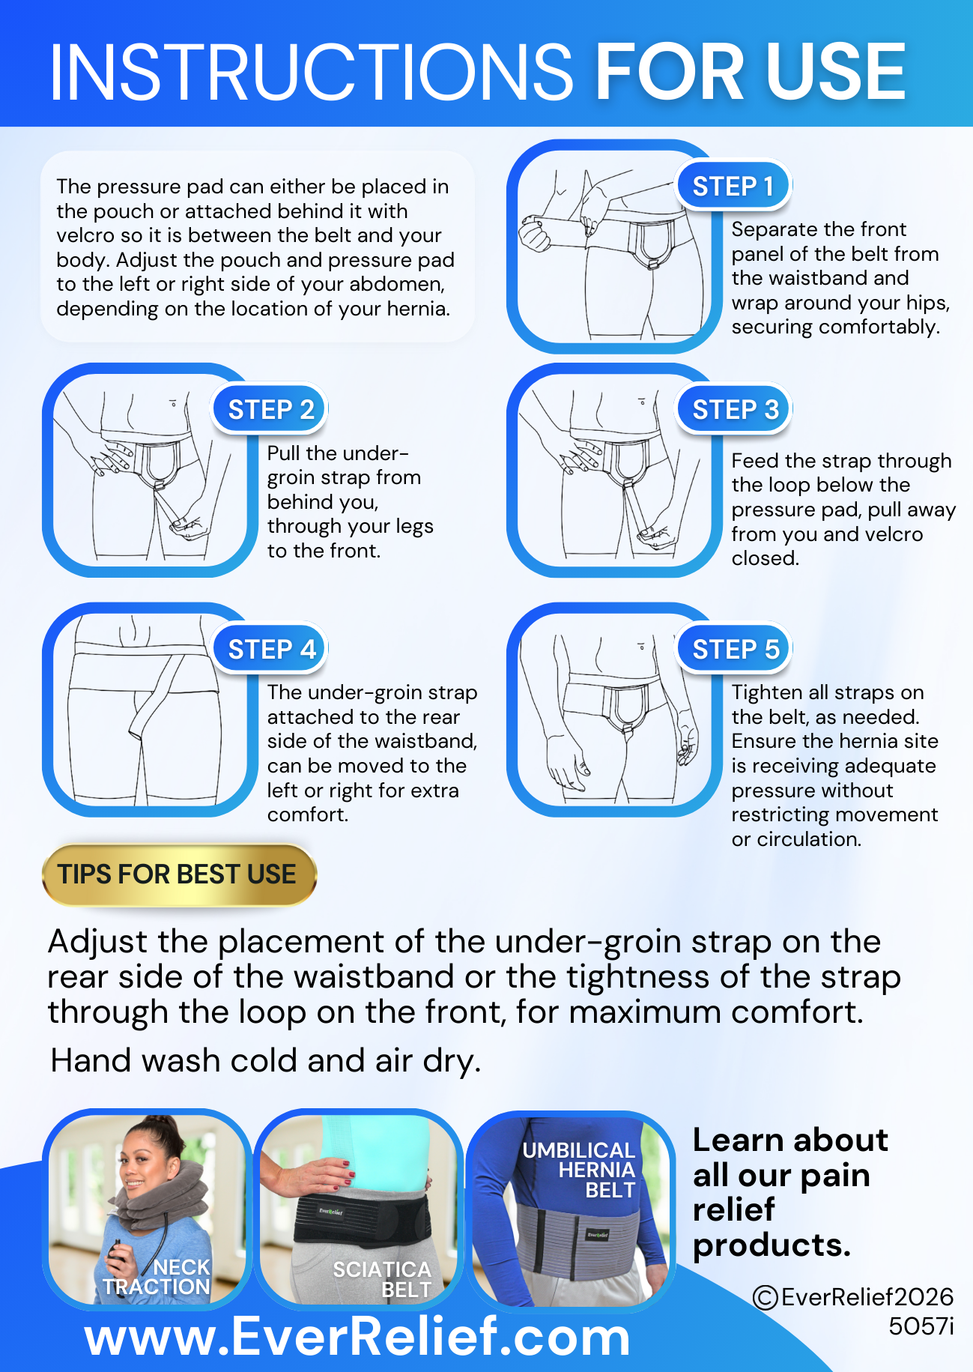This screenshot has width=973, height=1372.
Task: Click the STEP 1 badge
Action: pyautogui.click(x=733, y=186)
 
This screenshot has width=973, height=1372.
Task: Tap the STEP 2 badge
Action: pyautogui.click(x=270, y=410)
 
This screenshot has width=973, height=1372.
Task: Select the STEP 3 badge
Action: pyautogui.click(x=734, y=410)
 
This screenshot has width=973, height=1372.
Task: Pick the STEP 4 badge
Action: pyautogui.click(x=270, y=649)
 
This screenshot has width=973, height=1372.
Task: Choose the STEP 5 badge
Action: pyautogui.click(x=734, y=649)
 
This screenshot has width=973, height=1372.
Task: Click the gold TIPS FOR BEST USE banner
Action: pyautogui.click(x=179, y=874)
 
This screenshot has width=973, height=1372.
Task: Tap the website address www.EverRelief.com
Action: pyautogui.click(x=357, y=1338)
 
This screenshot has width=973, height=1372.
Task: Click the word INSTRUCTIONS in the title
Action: pyautogui.click(x=311, y=72)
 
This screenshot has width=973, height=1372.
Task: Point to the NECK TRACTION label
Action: pyautogui.click(x=157, y=1277)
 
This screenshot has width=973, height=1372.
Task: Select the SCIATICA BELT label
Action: pyautogui.click(x=382, y=1279)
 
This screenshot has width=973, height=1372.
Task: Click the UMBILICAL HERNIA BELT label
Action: pyautogui.click(x=579, y=1170)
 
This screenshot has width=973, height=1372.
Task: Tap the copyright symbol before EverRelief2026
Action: pyautogui.click(x=765, y=1297)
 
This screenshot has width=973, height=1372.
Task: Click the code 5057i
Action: pyautogui.click(x=921, y=1326)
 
